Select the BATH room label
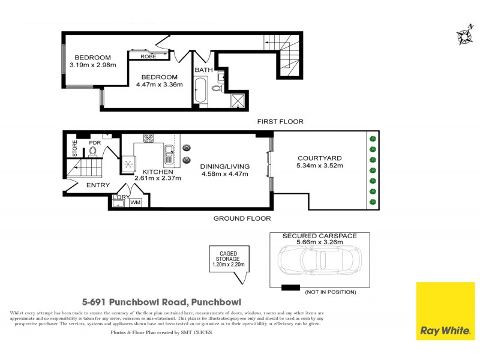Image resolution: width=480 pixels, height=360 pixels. pos(202,70)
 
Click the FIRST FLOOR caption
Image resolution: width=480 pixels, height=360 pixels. pos(280,122)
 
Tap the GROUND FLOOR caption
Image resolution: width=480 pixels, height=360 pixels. pos(242,218)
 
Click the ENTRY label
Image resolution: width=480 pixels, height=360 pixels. pos(98,185)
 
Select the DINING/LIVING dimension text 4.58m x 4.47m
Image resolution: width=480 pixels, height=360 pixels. pos(224,175)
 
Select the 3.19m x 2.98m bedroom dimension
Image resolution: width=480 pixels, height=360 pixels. pos(92,65)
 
